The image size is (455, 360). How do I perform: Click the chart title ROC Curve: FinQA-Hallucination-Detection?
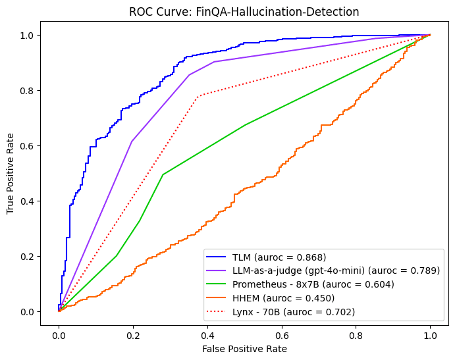click(x=244, y=11)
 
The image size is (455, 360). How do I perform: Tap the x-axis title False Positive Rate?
click(x=244, y=349)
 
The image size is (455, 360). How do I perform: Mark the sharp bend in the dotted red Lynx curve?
click(x=197, y=96)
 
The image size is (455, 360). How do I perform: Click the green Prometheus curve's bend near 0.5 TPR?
click(x=163, y=174)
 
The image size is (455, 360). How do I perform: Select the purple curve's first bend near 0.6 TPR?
click(x=132, y=141)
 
